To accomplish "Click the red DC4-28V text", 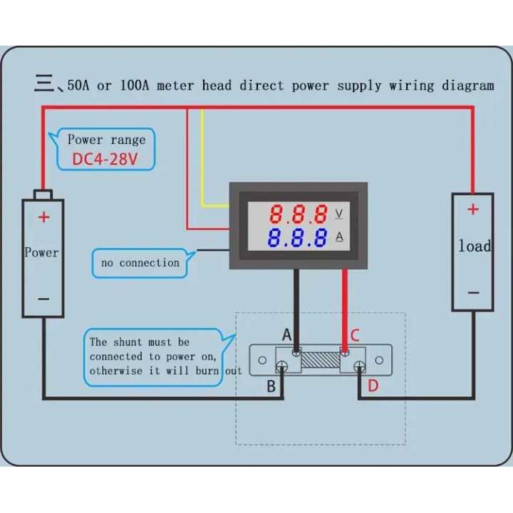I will point(104,159).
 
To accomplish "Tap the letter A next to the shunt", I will point(286,335).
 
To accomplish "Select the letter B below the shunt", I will point(271,387).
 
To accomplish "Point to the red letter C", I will point(355,335).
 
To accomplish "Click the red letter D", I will point(373,386).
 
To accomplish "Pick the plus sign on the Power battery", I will point(44,217).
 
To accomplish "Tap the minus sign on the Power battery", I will point(44,299).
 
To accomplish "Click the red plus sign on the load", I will point(472,209).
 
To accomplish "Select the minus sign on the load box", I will point(473,292).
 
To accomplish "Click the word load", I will point(475,247).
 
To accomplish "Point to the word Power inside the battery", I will point(42,252).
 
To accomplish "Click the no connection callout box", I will point(140,263).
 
